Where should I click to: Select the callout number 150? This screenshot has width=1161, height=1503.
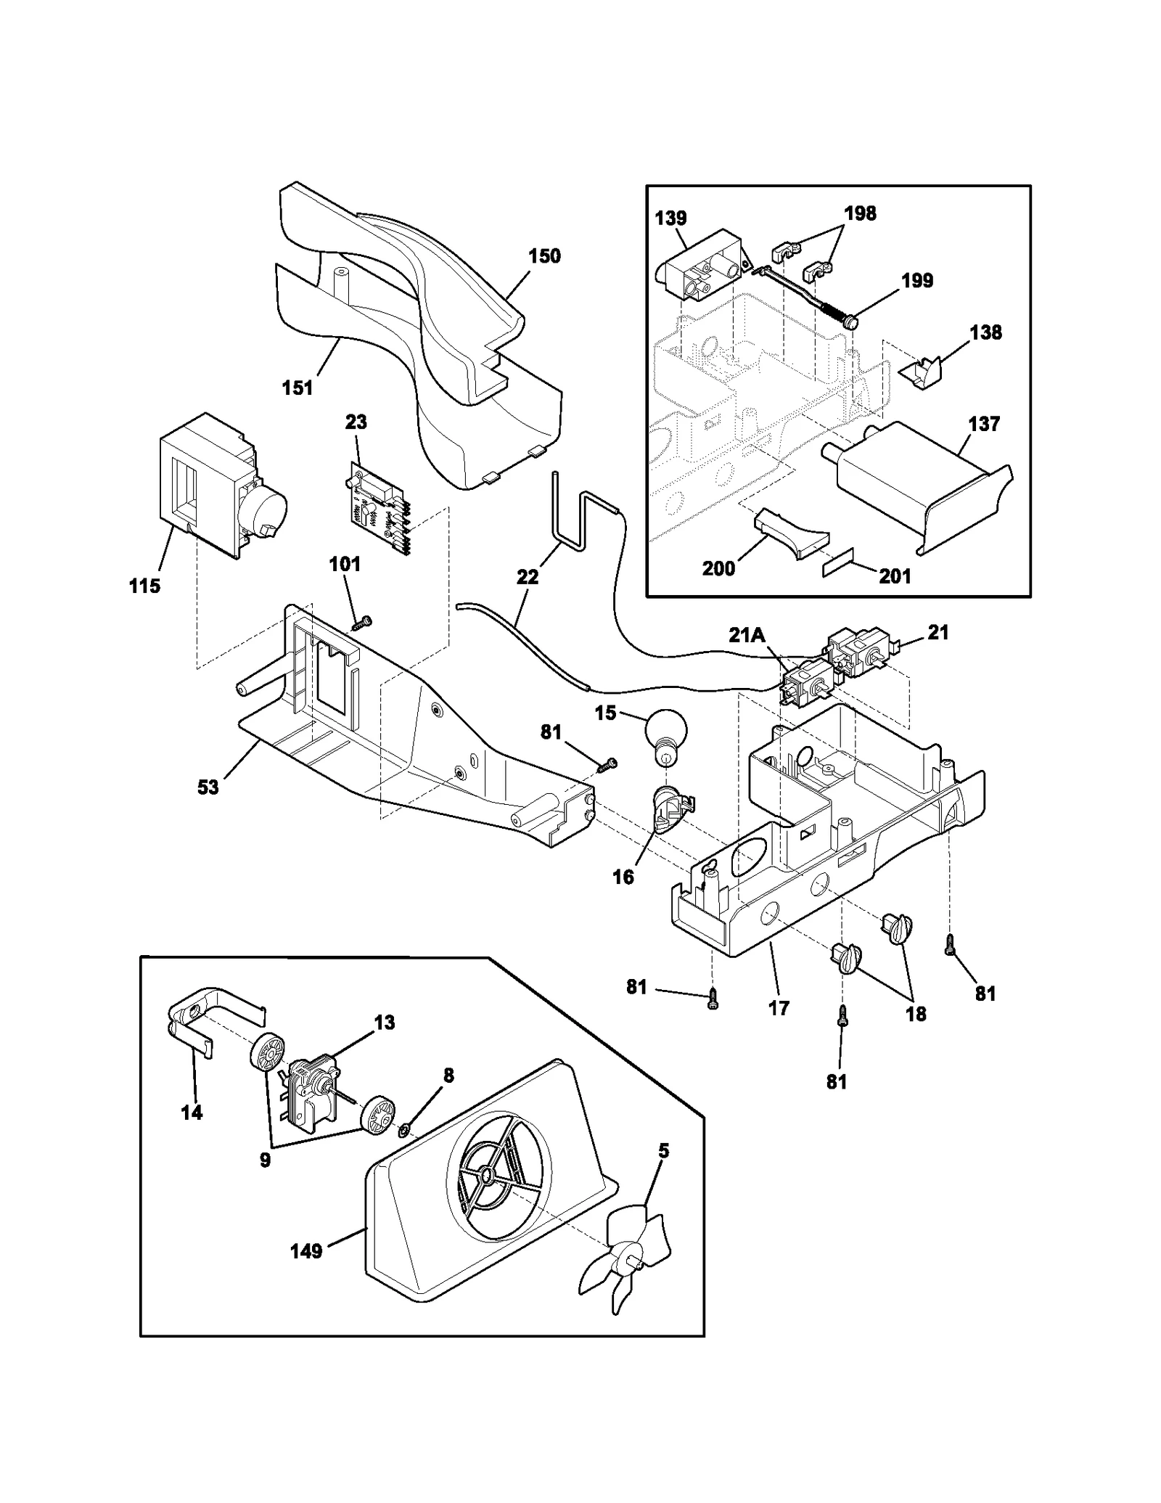click(x=544, y=256)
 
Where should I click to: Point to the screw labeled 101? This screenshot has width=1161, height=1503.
click(x=361, y=622)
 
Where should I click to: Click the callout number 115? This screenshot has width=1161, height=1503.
click(x=144, y=586)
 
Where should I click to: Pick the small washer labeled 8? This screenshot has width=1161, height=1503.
click(x=405, y=1130)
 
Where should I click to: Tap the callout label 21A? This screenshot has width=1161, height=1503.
click(x=747, y=635)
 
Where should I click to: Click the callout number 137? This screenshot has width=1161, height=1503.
click(x=983, y=424)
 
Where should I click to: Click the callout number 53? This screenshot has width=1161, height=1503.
click(x=208, y=787)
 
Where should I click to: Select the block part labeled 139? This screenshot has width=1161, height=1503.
click(x=699, y=267)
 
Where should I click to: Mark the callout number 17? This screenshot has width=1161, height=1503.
click(x=778, y=1007)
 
